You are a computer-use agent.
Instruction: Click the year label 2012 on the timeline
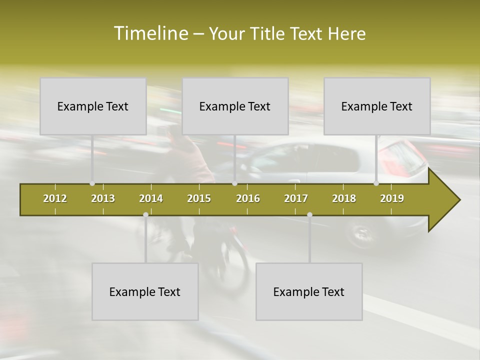[x=55, y=198]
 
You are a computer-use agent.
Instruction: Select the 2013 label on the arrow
[x=103, y=198]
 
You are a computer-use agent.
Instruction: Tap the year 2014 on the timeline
[x=151, y=198]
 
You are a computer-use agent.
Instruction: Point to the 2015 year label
[x=199, y=198]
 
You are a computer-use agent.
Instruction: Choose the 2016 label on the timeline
[x=248, y=198]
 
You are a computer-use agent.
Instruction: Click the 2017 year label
[x=296, y=198]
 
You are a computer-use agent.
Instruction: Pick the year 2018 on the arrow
[x=344, y=198]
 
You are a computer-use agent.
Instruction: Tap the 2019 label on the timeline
[x=392, y=198]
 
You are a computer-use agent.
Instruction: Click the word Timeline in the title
[x=150, y=33]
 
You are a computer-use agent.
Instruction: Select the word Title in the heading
[x=269, y=34]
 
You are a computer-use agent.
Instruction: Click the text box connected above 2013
[x=93, y=106]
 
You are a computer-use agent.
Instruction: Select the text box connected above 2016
[x=235, y=106]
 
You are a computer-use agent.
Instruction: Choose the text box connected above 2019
[x=377, y=106]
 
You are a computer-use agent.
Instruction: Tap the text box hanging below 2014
[x=145, y=291]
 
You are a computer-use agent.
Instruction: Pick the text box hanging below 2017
[x=309, y=291]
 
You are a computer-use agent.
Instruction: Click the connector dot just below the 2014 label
[x=145, y=214]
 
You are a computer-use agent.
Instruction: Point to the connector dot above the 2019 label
[x=376, y=183]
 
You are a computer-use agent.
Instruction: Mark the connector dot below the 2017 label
[x=309, y=214]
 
